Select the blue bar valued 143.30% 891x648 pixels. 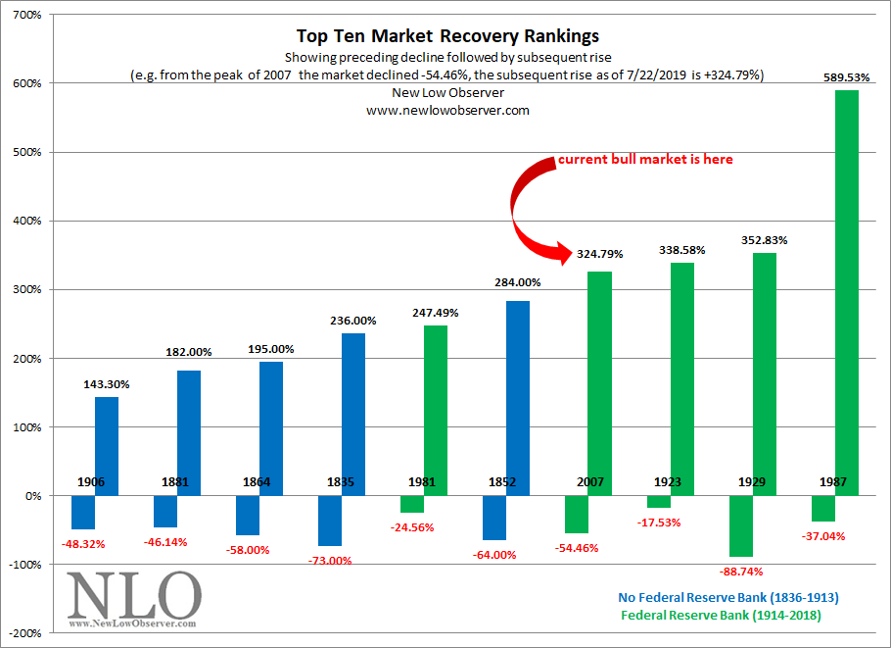point(107,446)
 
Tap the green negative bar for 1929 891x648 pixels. point(741,526)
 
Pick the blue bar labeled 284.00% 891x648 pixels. point(518,398)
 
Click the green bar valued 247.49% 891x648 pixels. point(436,410)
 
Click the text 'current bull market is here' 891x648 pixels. point(645,159)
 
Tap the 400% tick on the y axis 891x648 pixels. point(26,222)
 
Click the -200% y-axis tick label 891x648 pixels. point(24,633)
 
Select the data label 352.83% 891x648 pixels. point(765,239)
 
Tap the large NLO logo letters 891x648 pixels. point(134,592)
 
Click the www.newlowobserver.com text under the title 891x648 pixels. point(446,111)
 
